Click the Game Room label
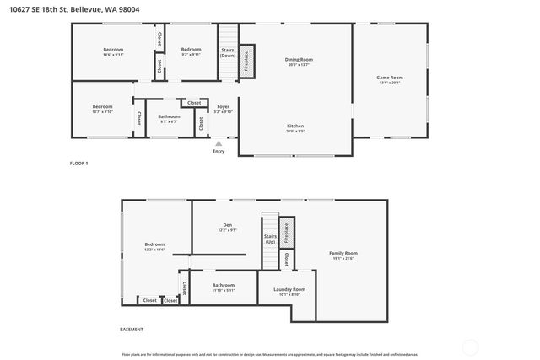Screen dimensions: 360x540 pos(389,80)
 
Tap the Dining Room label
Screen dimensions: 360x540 pos(299,62)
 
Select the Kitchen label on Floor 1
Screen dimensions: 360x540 pos(294,128)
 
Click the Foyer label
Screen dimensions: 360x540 pos(223,109)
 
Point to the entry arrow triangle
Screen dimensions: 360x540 pos(219,143)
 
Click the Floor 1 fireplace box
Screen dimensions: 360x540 pos(247,62)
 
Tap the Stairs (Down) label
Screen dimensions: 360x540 pos(227,52)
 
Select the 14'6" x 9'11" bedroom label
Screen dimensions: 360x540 pos(113,52)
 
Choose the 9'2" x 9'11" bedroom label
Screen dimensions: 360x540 pos(191,52)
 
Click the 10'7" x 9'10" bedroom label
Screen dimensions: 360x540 pos(102,109)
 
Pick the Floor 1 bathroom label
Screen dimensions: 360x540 pos(169,119)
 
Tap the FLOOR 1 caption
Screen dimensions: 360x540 pos(78,162)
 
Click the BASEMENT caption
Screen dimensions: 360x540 pos(131,329)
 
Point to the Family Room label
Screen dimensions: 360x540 pos(343,255)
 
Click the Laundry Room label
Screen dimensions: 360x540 pos(289,292)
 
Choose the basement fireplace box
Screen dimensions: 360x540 pos(286,232)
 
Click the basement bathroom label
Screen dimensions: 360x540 pos(224,287)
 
